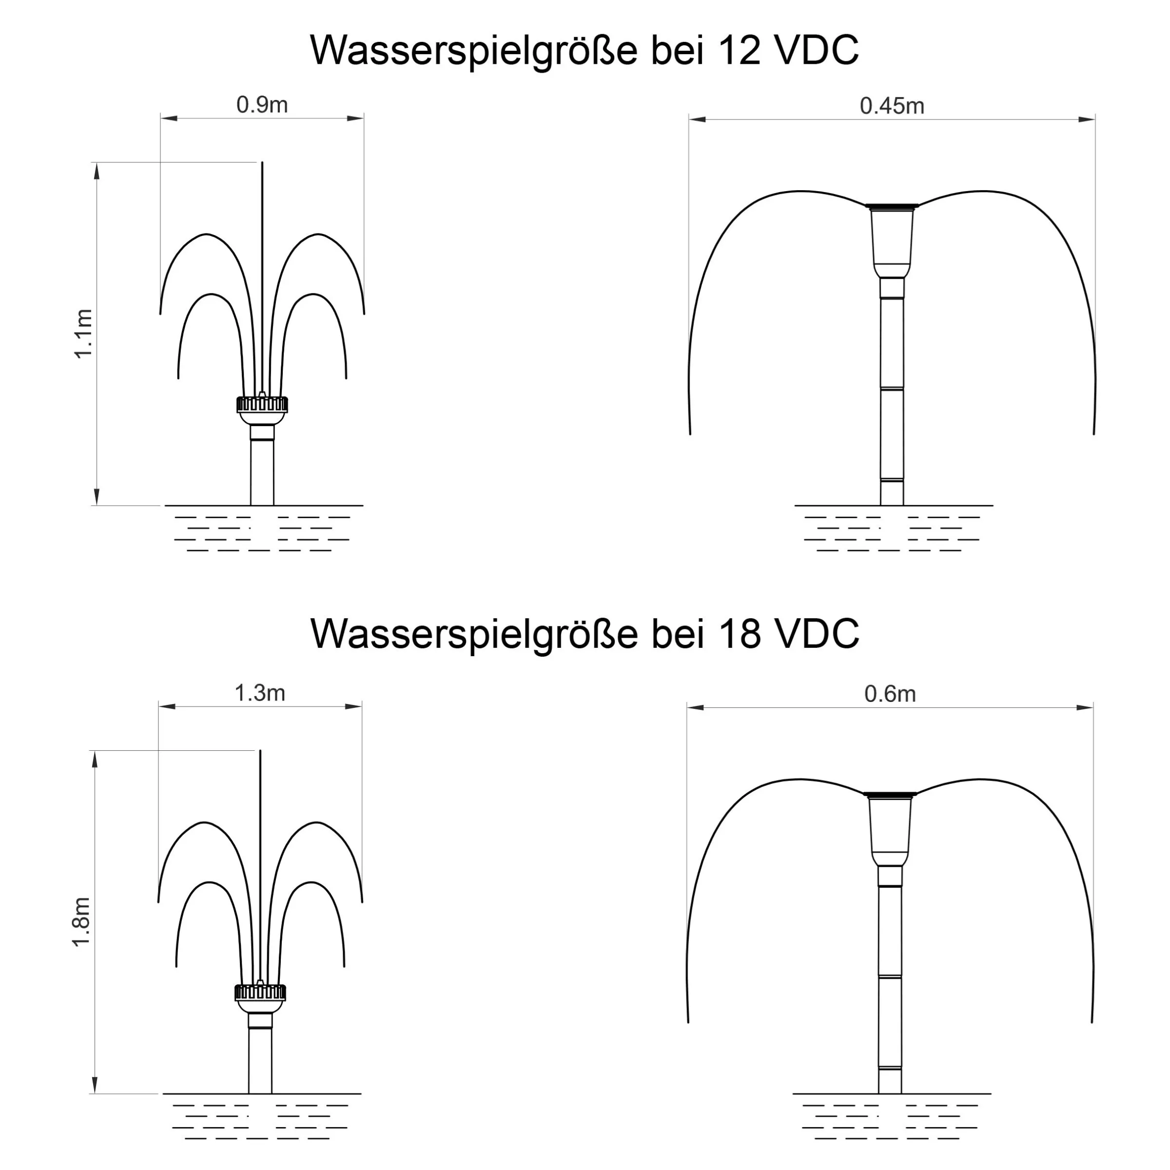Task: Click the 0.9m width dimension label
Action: pyautogui.click(x=262, y=105)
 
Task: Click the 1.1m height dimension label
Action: pyautogui.click(x=83, y=333)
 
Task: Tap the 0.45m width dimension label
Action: pyautogui.click(x=892, y=106)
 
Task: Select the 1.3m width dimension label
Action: pyautogui.click(x=260, y=693)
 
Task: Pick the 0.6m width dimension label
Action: pyautogui.click(x=890, y=694)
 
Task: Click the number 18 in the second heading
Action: pyautogui.click(x=740, y=634)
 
